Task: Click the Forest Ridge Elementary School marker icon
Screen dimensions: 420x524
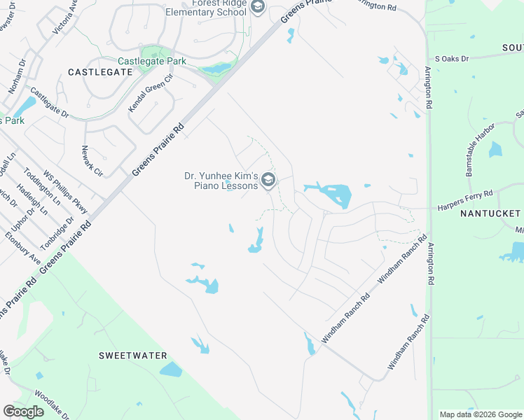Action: click(257, 7)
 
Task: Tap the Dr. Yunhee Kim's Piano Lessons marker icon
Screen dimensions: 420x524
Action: click(268, 181)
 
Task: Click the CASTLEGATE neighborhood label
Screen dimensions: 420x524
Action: click(101, 72)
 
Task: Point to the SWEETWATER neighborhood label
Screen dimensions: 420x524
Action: click(132, 356)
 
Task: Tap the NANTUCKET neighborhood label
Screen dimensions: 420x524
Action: click(490, 213)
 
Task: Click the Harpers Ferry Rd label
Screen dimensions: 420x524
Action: click(466, 200)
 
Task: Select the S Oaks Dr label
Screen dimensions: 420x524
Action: click(452, 59)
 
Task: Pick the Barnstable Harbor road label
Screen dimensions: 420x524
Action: click(479, 144)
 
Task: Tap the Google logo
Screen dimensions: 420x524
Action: click(24, 412)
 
